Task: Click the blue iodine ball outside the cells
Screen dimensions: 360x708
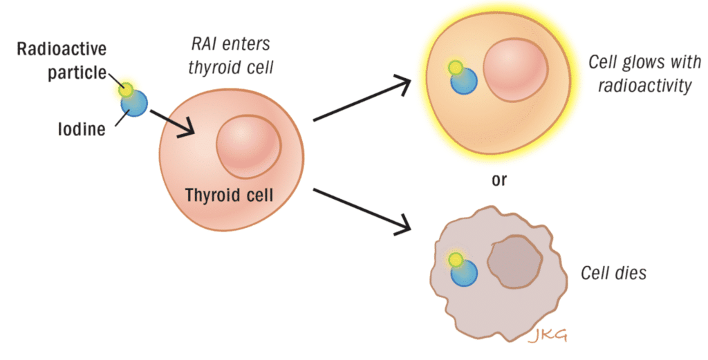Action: point(135,104)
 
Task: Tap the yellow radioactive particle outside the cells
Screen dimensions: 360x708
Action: point(125,89)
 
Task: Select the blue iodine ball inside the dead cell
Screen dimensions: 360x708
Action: point(464,274)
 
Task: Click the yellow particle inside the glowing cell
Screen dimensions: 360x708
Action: point(455,68)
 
